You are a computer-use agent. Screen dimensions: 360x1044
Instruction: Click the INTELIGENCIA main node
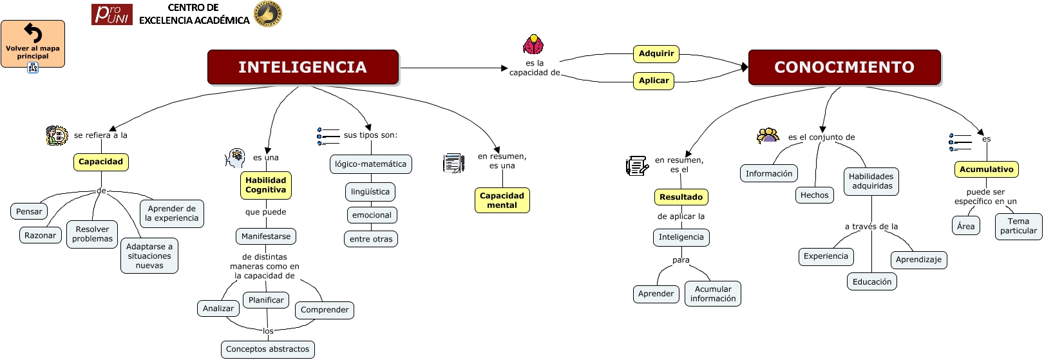coord(303,67)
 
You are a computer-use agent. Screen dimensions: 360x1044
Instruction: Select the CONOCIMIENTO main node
coord(844,67)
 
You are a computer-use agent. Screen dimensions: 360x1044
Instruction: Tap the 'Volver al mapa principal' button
coord(33,44)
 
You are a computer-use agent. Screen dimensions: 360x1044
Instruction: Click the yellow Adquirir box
coord(656,53)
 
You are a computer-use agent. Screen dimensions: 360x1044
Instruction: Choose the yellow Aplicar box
coord(654,81)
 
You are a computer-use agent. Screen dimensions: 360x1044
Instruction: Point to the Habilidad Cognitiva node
coord(265,185)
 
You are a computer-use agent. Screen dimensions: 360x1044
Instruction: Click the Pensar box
coord(29,211)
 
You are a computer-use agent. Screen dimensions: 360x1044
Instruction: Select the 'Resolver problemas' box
coord(92,234)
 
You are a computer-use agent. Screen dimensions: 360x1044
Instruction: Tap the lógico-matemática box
coord(370,164)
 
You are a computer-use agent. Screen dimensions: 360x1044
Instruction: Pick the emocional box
coord(372,215)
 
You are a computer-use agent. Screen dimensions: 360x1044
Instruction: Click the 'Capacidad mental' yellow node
coord(502,200)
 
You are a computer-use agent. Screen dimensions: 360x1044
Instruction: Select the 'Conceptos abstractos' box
coord(267,349)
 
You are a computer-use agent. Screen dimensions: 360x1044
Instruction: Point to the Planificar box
coord(266,300)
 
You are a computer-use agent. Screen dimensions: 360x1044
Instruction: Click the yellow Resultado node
coord(681,197)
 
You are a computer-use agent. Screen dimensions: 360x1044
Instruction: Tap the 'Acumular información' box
coord(713,294)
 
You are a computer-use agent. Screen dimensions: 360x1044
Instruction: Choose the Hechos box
coord(814,195)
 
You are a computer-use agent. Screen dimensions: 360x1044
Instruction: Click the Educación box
coord(872,282)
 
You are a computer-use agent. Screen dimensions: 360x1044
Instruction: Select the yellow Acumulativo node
coord(986,169)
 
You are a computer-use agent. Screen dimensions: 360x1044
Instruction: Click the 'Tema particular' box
coord(1018,226)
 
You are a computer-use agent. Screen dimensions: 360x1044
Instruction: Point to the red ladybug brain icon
coord(533,45)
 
